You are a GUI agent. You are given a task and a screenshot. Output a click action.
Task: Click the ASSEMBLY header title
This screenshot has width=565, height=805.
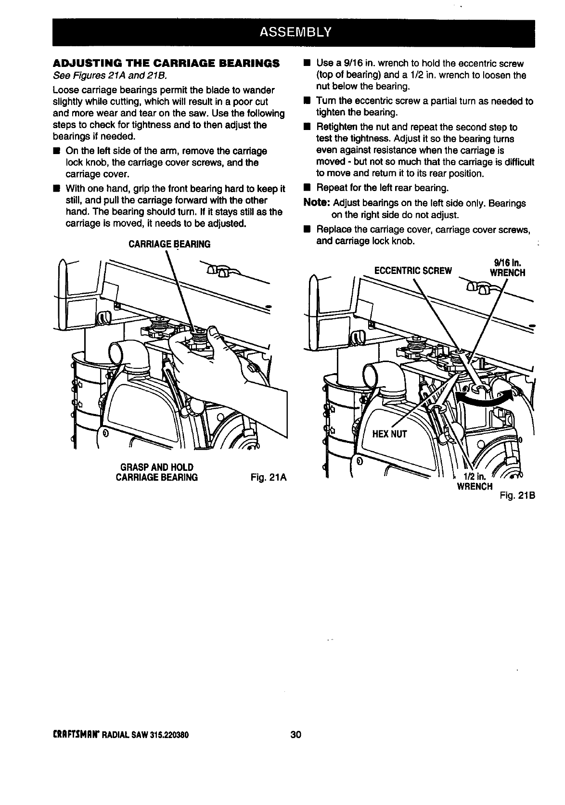pos(295,32)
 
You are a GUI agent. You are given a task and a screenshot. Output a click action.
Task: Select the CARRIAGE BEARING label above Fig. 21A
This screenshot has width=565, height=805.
pos(169,244)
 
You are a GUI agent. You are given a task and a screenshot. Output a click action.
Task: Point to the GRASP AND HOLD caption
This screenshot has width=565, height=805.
pos(156,467)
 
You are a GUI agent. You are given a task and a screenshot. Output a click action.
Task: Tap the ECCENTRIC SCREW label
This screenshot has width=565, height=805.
pos(413,270)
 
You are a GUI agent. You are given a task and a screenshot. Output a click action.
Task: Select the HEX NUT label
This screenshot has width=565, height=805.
pos(390,434)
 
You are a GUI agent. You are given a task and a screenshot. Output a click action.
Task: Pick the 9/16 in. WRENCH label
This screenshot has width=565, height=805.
pos(507,268)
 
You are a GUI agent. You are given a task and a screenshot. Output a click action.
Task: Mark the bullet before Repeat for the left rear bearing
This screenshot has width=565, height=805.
pos(306,187)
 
